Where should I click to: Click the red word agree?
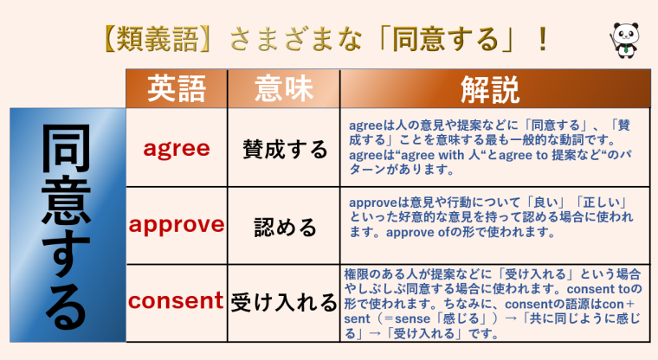tap(177, 148)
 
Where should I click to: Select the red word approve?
tap(177, 225)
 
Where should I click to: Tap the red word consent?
tap(177, 301)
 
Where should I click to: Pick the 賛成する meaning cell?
tap(285, 150)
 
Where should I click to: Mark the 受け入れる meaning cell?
tap(283, 302)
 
